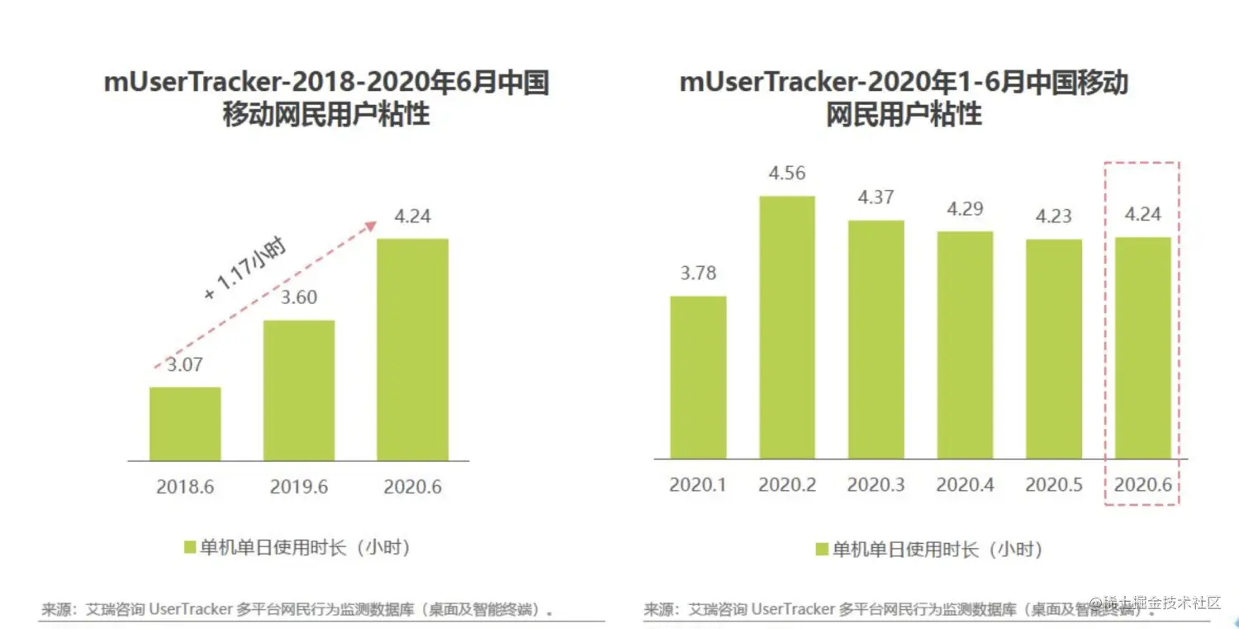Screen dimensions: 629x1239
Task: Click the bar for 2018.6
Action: coord(185,423)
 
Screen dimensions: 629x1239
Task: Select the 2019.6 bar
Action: coord(299,389)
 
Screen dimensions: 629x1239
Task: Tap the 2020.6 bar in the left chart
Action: coord(413,349)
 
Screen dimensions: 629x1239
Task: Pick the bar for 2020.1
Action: coord(698,377)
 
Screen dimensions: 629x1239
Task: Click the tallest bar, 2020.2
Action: coord(787,326)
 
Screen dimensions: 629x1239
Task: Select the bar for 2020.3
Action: coord(876,339)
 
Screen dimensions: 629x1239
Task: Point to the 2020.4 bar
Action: coord(965,345)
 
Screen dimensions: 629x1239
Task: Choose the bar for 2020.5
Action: coord(1054,349)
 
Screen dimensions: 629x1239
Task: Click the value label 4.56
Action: coord(787,174)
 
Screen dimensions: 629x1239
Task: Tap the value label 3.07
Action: coord(185,365)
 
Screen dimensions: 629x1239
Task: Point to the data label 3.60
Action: coord(299,298)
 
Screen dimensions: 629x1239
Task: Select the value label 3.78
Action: coord(698,273)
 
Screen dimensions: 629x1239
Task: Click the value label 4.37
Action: coord(876,198)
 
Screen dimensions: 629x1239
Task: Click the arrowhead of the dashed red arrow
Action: coord(372,224)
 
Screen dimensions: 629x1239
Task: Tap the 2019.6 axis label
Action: coord(299,487)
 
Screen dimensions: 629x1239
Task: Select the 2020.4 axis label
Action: coord(965,484)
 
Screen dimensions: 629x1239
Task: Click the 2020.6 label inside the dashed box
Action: coord(1143,484)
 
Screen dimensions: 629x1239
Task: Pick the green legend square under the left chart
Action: coord(189,547)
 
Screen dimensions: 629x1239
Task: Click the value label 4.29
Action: coord(965,209)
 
